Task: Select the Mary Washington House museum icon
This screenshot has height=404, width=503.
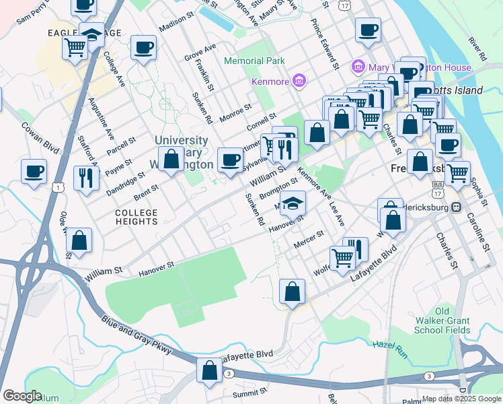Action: coord(357,67)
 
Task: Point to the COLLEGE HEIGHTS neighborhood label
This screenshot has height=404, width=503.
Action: coord(136,217)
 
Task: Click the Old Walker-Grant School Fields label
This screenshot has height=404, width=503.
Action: coord(442,321)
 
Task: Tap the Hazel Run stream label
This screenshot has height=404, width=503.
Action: coord(386,345)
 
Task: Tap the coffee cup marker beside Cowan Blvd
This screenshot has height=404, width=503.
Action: coord(34,171)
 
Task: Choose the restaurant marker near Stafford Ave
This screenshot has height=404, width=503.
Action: coord(86,177)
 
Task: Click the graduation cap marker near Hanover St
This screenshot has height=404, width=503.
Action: coord(293,202)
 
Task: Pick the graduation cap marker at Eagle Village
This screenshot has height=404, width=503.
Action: coord(91,34)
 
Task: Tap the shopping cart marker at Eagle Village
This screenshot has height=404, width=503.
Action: coord(74,47)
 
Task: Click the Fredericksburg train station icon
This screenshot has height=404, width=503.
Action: coord(456,206)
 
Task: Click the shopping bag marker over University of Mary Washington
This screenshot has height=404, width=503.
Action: coord(171,160)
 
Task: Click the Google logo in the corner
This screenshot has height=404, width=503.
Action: coord(22,396)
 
